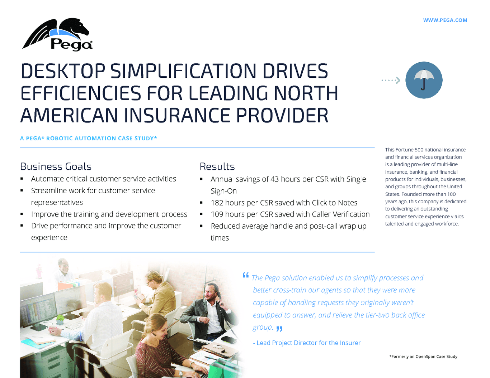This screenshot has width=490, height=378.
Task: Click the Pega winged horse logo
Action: (x=57, y=34)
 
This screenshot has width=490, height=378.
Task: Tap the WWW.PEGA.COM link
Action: (x=445, y=20)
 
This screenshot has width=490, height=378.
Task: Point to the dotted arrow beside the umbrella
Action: (x=391, y=80)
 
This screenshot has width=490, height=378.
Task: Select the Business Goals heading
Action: (x=56, y=166)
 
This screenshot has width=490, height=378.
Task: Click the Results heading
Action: (x=217, y=166)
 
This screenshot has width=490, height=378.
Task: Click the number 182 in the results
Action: (x=217, y=203)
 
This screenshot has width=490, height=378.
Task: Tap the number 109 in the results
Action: (x=217, y=214)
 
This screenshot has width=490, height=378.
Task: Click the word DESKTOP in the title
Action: (x=63, y=71)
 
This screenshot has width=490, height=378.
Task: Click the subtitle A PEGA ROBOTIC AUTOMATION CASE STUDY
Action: (x=88, y=139)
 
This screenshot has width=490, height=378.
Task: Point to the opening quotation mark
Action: (x=246, y=275)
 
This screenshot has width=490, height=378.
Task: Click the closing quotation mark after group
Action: (x=279, y=329)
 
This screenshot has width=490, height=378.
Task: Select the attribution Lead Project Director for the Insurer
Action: (x=307, y=343)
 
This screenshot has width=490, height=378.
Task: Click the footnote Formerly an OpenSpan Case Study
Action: (x=423, y=357)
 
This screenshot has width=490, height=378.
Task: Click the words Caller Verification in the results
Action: (x=341, y=214)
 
